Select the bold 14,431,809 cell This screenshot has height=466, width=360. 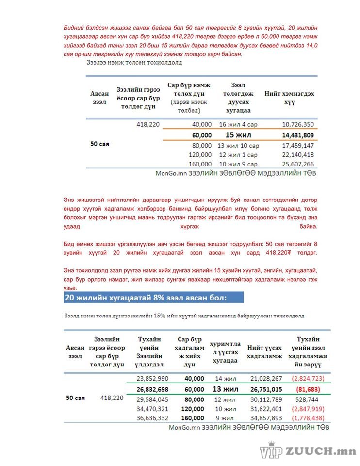pos(297,135)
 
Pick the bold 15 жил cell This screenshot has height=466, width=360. pos(238,135)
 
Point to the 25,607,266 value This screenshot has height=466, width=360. pos(297,164)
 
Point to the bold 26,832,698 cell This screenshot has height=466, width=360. pos(152,389)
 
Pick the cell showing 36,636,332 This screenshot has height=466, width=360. pos(152,418)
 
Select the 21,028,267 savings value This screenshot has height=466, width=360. pos(266,378)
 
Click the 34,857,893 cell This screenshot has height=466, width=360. pos(266,418)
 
